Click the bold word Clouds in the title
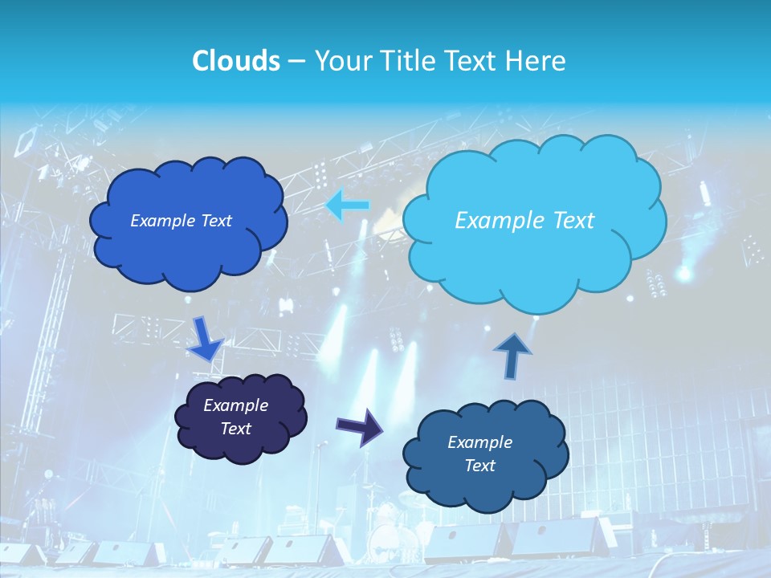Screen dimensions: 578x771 click(x=235, y=60)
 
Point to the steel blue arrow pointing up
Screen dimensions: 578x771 click(x=512, y=355)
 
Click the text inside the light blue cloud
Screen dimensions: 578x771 click(x=524, y=221)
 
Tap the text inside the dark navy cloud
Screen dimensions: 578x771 click(x=235, y=417)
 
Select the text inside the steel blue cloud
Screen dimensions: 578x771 click(x=479, y=454)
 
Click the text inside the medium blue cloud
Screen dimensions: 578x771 click(x=181, y=221)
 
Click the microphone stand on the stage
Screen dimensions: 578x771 click(x=320, y=482)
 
